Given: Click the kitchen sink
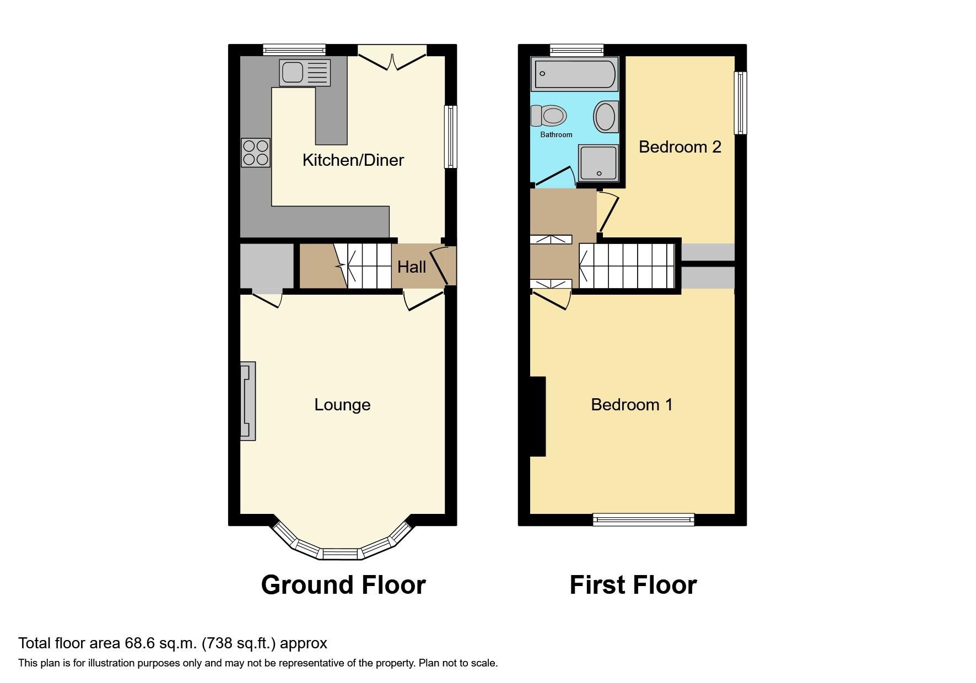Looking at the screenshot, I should click(x=304, y=73).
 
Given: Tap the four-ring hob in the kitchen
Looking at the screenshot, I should click(x=256, y=153).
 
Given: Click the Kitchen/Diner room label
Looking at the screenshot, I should click(x=353, y=160).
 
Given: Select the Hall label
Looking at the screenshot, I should click(x=412, y=267).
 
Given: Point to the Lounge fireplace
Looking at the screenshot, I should click(x=248, y=400).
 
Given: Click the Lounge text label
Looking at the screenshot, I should click(x=342, y=405).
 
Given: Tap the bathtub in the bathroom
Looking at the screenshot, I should click(x=574, y=74).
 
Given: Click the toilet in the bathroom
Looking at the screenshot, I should click(x=549, y=116).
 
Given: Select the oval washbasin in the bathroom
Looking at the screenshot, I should click(x=605, y=116).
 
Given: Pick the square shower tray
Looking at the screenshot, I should click(x=598, y=163).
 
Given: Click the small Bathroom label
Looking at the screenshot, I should click(x=556, y=134).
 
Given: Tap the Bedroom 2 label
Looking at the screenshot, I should click(x=680, y=147).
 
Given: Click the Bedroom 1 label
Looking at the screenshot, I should click(x=632, y=405).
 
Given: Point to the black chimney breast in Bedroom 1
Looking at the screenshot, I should click(x=537, y=416).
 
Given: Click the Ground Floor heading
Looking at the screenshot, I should click(x=343, y=585).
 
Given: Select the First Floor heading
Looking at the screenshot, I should click(x=633, y=585).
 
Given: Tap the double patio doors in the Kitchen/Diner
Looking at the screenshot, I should click(x=392, y=58).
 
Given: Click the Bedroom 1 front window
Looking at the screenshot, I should click(x=643, y=519).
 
